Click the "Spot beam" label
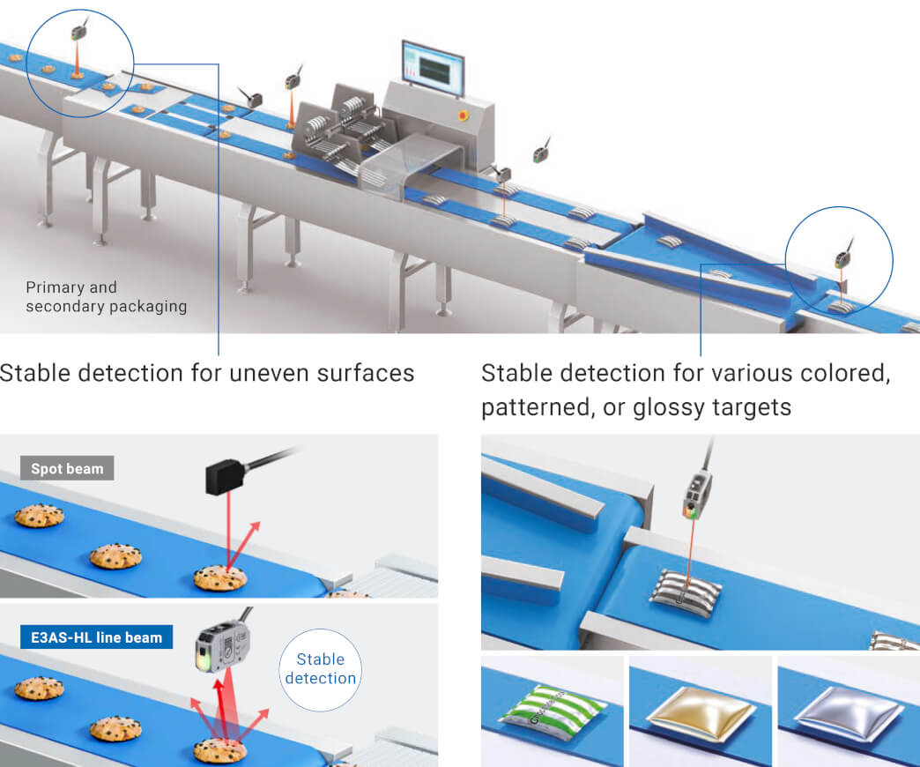click(67, 468)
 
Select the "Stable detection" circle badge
click(321, 668)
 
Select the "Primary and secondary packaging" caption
click(106, 297)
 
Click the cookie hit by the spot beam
click(220, 577)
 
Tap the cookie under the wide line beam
click(220, 750)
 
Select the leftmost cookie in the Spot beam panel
click(39, 515)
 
